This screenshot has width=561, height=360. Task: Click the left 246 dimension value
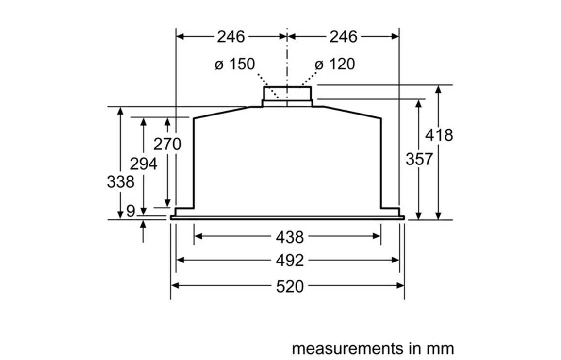click(x=231, y=36)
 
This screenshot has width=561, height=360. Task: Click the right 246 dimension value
click(x=343, y=36)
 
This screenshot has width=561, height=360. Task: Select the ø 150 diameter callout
click(x=235, y=64)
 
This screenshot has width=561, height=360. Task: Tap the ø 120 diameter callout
click(x=335, y=64)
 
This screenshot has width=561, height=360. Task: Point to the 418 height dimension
click(x=439, y=135)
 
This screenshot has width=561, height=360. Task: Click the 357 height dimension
click(x=419, y=159)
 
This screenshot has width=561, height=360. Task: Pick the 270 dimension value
click(x=167, y=144)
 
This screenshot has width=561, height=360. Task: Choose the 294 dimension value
click(x=144, y=164)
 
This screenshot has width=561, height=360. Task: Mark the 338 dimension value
click(x=120, y=182)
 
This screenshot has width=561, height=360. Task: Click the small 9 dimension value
click(x=131, y=211)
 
